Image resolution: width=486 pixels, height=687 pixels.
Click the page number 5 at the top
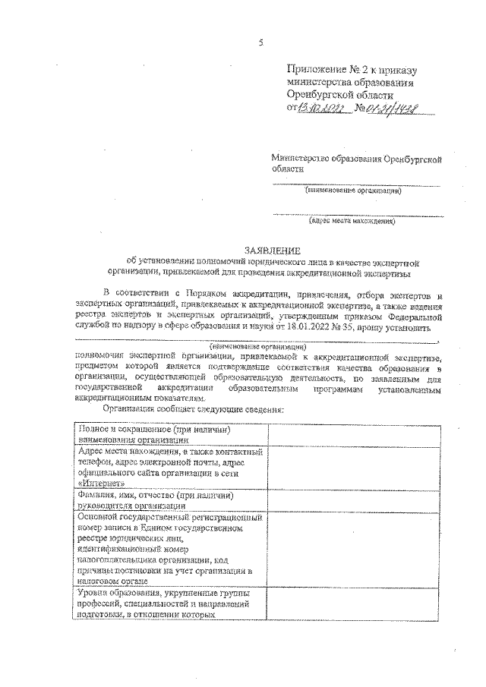point(260,43)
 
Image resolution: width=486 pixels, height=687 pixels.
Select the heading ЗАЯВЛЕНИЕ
point(271,250)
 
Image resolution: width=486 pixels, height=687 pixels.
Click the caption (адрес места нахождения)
point(352,222)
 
